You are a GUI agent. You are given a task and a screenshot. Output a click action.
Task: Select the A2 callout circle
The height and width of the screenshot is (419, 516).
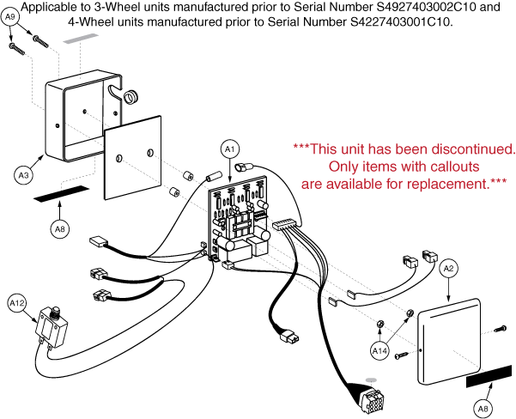coord(447,269)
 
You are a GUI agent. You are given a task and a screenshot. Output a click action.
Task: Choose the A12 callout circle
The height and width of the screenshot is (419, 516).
coord(17,302)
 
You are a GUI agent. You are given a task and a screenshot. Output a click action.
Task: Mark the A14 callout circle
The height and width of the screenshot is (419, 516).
coord(379,351)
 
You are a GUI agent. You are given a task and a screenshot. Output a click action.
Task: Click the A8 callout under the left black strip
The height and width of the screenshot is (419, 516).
coord(59,228)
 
